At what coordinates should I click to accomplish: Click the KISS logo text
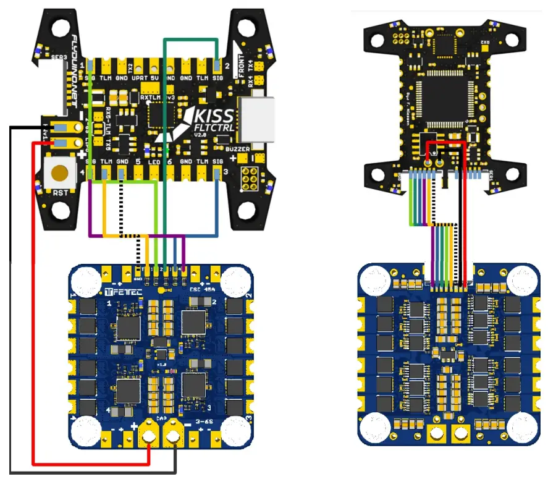[213, 115]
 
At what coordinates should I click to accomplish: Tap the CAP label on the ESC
[162, 418]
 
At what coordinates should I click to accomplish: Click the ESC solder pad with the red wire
[149, 438]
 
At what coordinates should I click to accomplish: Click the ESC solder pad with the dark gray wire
[175, 438]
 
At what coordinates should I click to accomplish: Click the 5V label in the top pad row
[154, 78]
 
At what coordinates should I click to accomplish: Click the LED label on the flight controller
[154, 162]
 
